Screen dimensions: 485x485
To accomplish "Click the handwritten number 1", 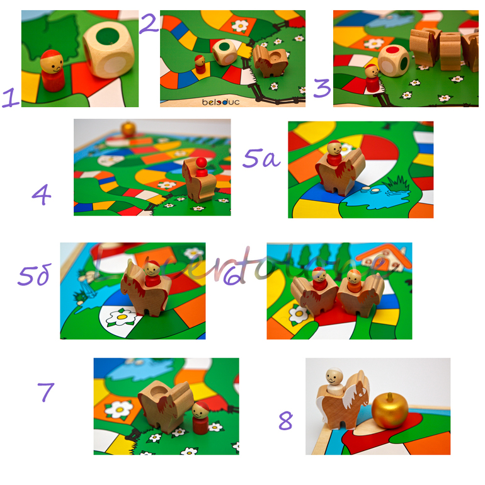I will click(11, 98).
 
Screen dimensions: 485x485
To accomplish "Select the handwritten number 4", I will click(42, 195).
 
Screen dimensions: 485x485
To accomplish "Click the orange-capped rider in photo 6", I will click(355, 280).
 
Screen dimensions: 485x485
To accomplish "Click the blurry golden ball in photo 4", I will click(128, 128).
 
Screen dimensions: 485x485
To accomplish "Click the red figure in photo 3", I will click(372, 79).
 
